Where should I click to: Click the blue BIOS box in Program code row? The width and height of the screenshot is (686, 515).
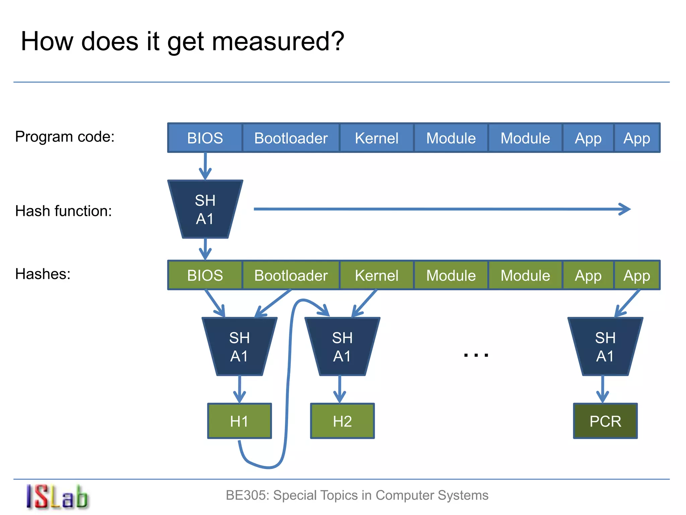205,138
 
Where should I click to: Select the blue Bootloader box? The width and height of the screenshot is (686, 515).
291,138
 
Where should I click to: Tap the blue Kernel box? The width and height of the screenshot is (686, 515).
376,138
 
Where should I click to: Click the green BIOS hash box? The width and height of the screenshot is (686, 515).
205,275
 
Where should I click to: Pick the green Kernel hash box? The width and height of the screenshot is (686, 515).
376,275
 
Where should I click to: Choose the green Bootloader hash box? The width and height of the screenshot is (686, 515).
291,275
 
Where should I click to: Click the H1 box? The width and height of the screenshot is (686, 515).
239,421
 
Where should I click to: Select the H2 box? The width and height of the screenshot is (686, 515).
342,421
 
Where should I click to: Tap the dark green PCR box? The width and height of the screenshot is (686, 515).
605,421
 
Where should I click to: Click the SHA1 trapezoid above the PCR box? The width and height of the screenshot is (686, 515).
605,347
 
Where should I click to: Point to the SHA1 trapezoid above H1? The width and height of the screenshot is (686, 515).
239,347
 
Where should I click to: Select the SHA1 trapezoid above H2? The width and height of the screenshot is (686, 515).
342,347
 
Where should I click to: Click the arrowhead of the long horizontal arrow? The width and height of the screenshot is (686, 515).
626,209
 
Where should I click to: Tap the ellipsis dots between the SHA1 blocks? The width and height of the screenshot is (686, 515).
476,355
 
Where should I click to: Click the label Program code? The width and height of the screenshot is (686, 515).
65,137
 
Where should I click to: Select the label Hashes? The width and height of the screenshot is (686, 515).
43,274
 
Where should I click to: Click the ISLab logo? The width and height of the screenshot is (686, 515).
57,497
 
